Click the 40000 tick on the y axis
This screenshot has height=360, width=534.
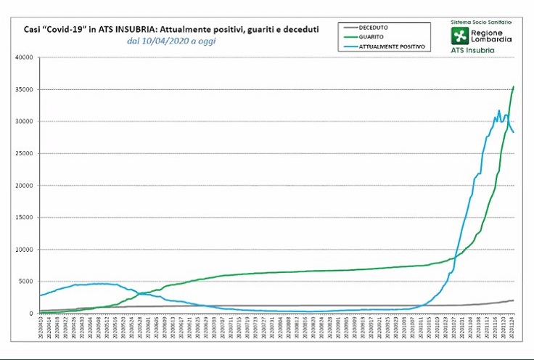click(x=25, y=57)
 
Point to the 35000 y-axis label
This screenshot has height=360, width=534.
click(x=25, y=89)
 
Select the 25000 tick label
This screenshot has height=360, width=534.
click(x=25, y=153)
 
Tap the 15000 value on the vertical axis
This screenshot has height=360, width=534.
click(x=25, y=217)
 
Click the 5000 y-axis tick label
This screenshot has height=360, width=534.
click(x=27, y=281)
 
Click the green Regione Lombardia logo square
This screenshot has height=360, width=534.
click(x=460, y=36)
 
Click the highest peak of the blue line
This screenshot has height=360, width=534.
click(x=499, y=110)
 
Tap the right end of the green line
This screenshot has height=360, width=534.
click(x=514, y=86)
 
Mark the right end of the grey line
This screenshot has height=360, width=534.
click(x=514, y=300)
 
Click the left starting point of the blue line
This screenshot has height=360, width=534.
click(x=40, y=295)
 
